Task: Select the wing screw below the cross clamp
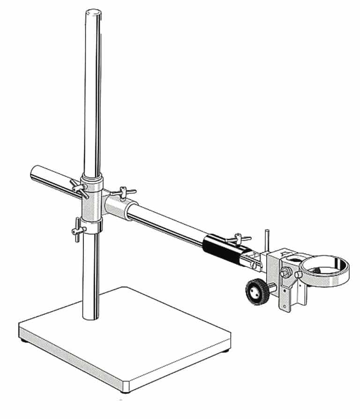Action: (x=77, y=230)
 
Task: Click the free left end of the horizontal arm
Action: (x=35, y=173)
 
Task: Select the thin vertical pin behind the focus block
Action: (x=268, y=241)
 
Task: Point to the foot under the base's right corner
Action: (x=228, y=349)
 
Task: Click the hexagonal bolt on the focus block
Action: (x=285, y=272)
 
